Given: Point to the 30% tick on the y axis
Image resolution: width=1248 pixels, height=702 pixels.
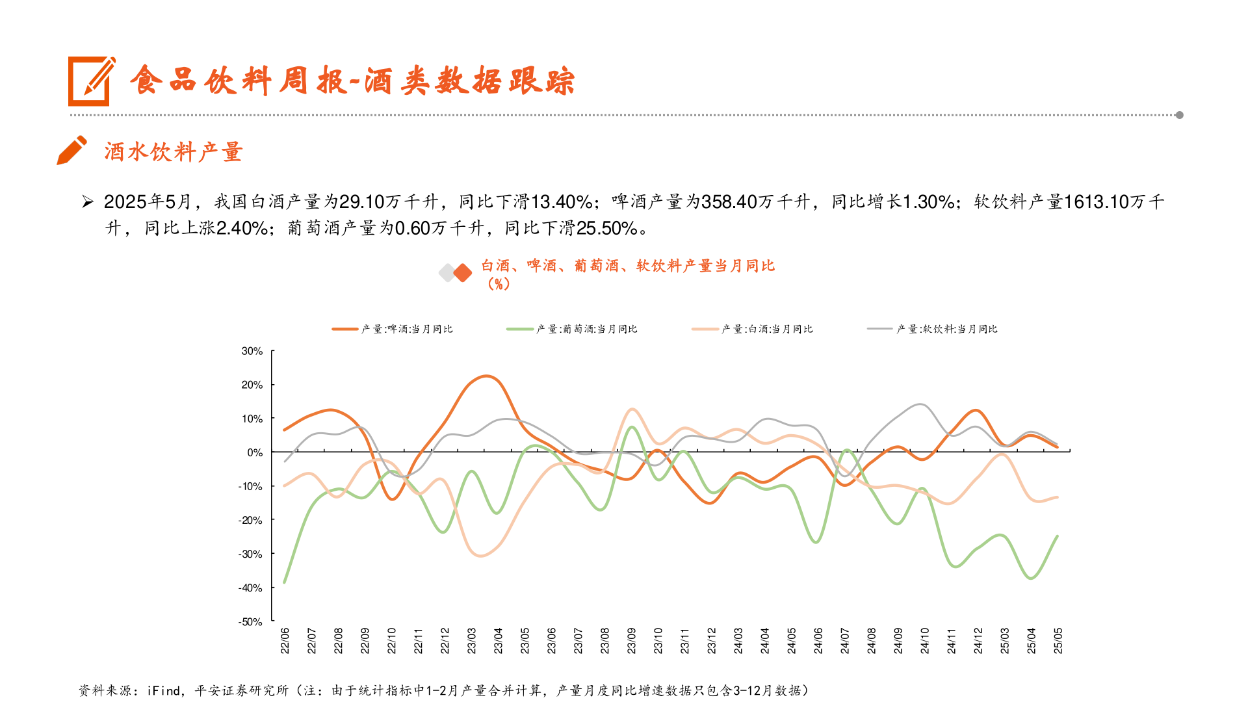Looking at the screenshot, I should (x=252, y=351).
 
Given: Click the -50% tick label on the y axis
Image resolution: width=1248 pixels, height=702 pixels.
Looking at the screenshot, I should (x=251, y=622).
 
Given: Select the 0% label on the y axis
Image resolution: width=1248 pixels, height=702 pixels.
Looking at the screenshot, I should (x=255, y=452).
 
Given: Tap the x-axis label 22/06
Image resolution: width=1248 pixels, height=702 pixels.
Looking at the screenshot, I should (x=285, y=640).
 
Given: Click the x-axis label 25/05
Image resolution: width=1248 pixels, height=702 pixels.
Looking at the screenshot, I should (x=1058, y=640).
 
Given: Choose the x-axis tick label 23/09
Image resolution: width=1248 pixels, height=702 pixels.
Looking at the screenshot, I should (x=631, y=640).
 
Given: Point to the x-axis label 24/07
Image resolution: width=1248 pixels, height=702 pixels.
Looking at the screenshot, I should (x=844, y=640).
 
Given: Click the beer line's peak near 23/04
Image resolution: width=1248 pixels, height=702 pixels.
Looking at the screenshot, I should (x=486, y=376).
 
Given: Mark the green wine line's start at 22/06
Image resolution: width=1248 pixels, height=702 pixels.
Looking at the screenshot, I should (x=285, y=582).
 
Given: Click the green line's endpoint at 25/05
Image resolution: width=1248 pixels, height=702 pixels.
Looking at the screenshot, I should (x=1058, y=536).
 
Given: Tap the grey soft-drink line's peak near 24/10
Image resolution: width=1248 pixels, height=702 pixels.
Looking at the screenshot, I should (x=920, y=404).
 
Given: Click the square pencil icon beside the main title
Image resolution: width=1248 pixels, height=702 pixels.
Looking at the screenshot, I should (x=91, y=81).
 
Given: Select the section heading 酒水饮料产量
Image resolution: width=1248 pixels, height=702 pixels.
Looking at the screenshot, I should (x=173, y=152).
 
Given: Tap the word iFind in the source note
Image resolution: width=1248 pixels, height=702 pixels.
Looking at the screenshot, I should (x=164, y=690).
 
